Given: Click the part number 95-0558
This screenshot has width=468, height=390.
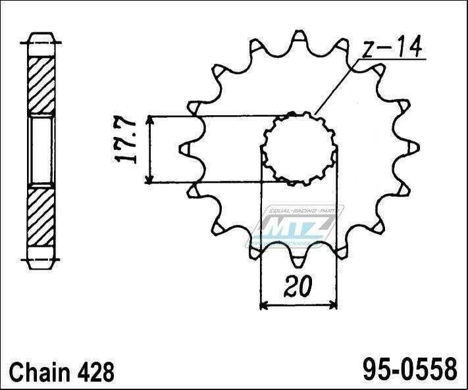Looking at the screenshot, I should tap(409, 369).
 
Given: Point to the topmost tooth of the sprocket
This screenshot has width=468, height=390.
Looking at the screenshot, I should tap(296, 34).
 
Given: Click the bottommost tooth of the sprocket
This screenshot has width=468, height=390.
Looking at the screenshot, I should tap(298, 263).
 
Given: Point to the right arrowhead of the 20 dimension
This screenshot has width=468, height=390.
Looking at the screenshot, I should tap(334, 305).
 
